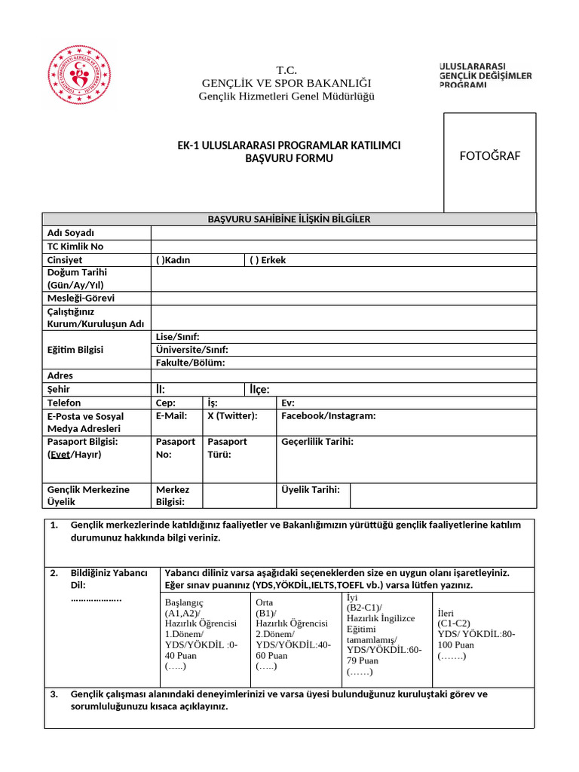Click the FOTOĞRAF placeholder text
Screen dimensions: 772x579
click(489, 156)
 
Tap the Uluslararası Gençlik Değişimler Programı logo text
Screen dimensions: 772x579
click(486, 75)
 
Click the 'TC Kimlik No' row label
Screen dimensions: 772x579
click(75, 247)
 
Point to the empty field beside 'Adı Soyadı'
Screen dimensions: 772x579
click(343, 233)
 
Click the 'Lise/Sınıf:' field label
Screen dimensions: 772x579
click(177, 337)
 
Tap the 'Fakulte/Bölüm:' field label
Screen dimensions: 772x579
click(190, 363)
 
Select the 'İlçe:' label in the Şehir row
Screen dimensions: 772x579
click(259, 390)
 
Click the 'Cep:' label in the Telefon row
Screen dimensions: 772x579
click(165, 403)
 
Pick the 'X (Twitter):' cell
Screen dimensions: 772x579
click(232, 416)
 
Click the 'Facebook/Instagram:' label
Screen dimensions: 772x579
click(328, 416)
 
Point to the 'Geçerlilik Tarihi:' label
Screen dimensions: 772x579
click(317, 442)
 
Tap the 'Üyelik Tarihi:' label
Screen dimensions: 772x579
click(311, 490)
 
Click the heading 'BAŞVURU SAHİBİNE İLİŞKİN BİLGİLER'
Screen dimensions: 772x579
click(289, 219)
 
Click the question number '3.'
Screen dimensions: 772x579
click(54, 694)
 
